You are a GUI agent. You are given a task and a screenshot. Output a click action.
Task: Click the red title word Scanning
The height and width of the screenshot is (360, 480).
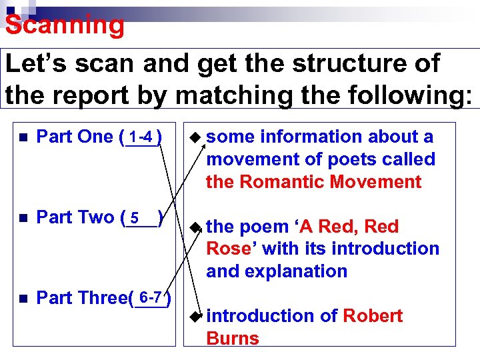click(x=65, y=25)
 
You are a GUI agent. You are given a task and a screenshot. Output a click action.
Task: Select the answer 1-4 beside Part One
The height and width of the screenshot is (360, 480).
click(x=142, y=137)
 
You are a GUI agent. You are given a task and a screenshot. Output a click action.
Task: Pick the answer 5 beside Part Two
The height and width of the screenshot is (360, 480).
click(x=135, y=218)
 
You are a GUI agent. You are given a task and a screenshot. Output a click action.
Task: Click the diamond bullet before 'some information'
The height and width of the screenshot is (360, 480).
click(x=194, y=137)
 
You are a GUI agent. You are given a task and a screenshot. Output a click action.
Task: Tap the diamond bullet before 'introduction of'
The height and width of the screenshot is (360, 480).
click(x=194, y=316)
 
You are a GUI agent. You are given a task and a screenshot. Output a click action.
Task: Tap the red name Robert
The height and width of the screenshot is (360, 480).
click(x=373, y=315)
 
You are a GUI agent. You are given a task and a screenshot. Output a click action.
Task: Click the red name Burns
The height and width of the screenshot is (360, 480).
click(x=233, y=338)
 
